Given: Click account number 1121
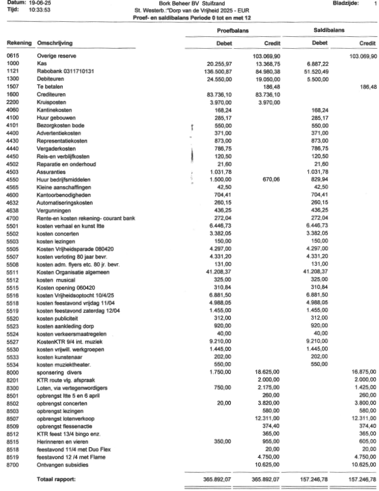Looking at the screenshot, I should tap(13, 71).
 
